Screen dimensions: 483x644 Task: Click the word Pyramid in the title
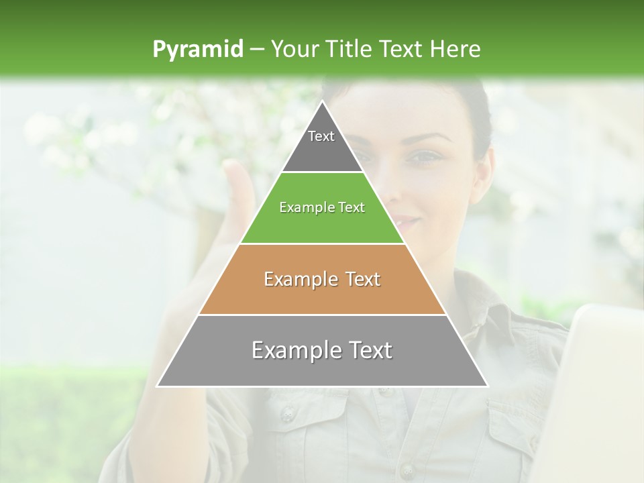(x=197, y=50)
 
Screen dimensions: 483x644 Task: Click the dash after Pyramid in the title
(x=256, y=50)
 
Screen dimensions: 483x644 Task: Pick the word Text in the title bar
(x=401, y=49)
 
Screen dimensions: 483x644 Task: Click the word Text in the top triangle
(x=321, y=136)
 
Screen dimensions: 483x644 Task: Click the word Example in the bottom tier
(x=294, y=350)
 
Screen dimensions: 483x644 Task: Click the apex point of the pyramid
(x=323, y=102)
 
